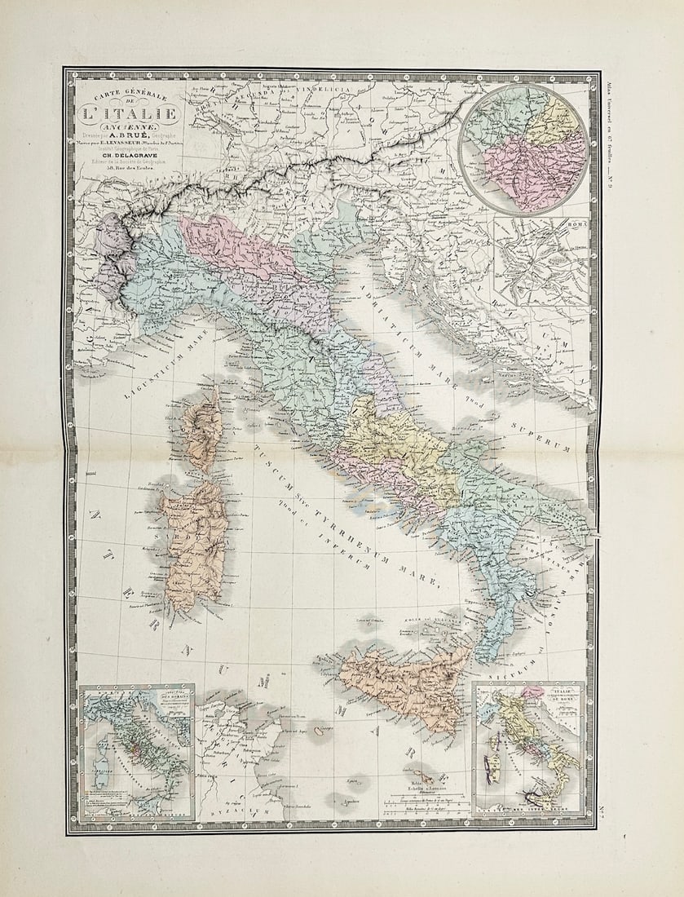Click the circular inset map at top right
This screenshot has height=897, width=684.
pos(524,148)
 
